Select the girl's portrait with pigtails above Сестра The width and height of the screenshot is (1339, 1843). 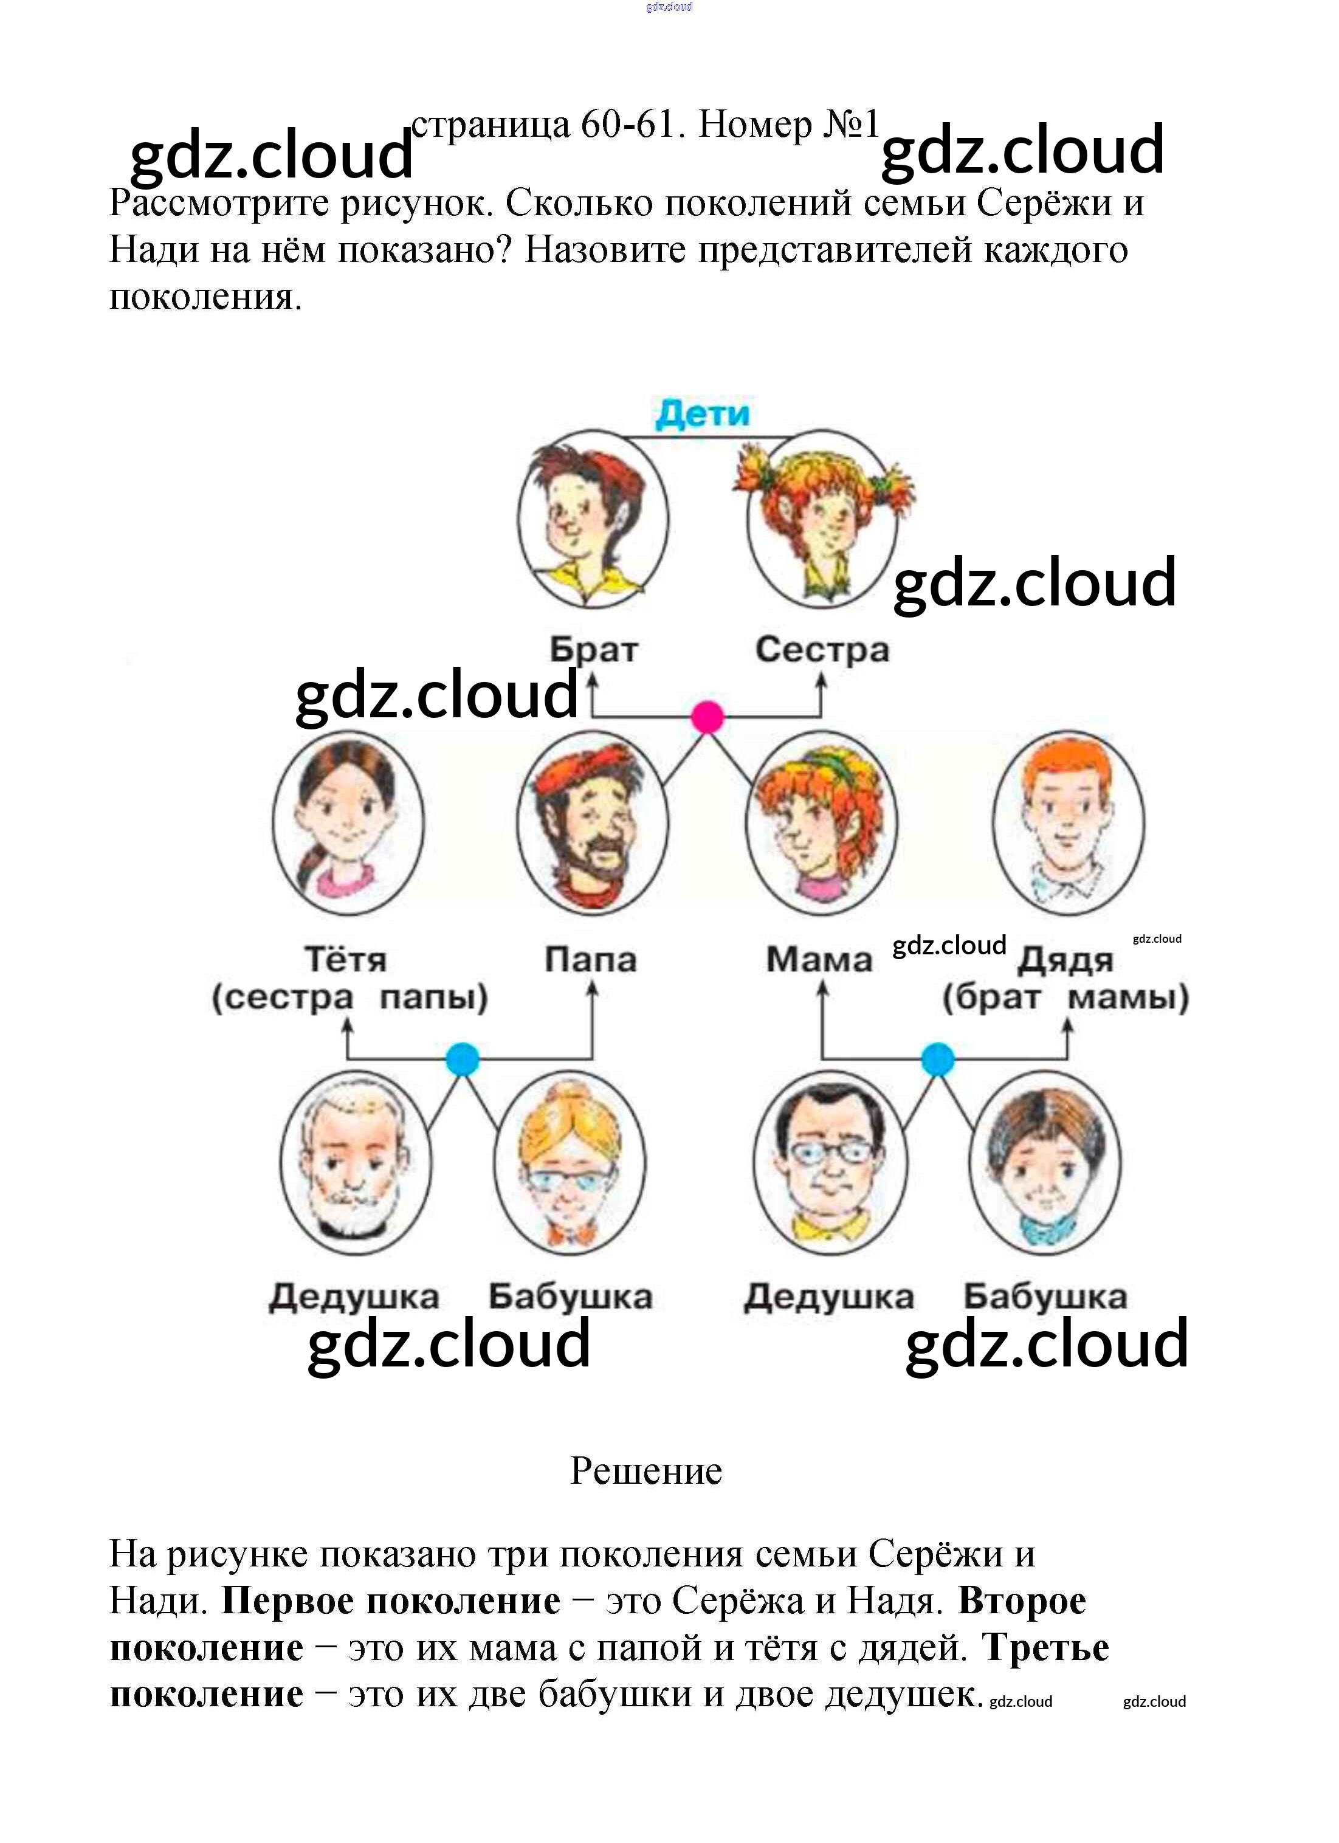click(822, 520)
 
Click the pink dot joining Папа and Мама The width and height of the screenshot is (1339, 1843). click(707, 717)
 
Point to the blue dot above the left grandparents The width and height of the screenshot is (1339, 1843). click(463, 1059)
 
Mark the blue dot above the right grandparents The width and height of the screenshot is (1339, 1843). click(938, 1059)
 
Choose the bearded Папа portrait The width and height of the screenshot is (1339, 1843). click(593, 822)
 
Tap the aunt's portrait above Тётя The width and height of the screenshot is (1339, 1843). click(348, 822)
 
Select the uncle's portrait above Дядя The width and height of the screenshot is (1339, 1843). click(1068, 822)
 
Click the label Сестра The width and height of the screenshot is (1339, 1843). click(822, 650)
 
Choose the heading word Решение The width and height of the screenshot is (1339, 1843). click(646, 1471)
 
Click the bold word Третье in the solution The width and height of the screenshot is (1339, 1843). click(1045, 1647)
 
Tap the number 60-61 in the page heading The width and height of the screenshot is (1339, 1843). click(627, 125)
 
